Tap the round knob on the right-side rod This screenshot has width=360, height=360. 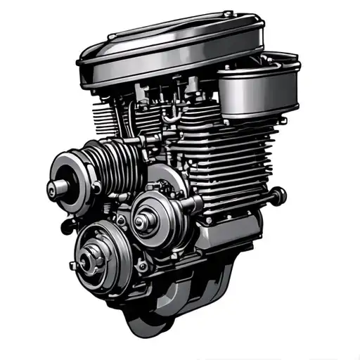[281, 193]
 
